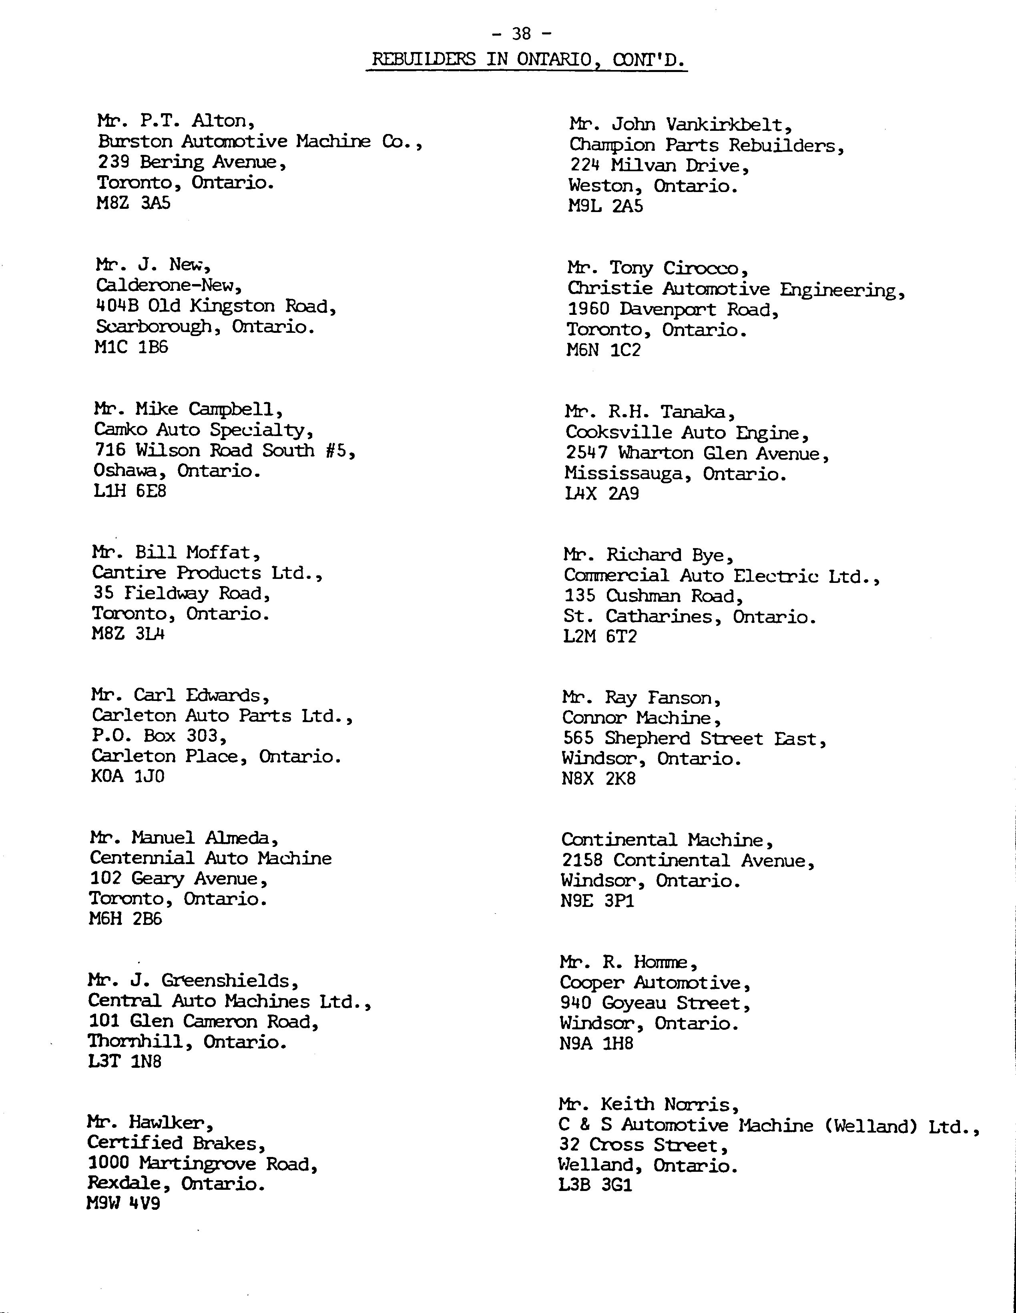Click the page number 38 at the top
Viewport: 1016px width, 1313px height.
coord(521,34)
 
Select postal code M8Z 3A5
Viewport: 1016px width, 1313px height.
coord(134,203)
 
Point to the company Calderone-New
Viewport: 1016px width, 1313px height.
coord(169,285)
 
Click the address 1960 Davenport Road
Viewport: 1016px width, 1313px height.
coord(673,310)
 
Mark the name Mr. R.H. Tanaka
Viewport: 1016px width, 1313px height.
coord(650,412)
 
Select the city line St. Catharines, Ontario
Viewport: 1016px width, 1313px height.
coord(689,617)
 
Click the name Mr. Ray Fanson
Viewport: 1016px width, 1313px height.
coord(641,698)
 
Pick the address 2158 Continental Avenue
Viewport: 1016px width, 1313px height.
coord(688,861)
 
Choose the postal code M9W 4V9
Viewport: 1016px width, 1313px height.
coord(123,1203)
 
